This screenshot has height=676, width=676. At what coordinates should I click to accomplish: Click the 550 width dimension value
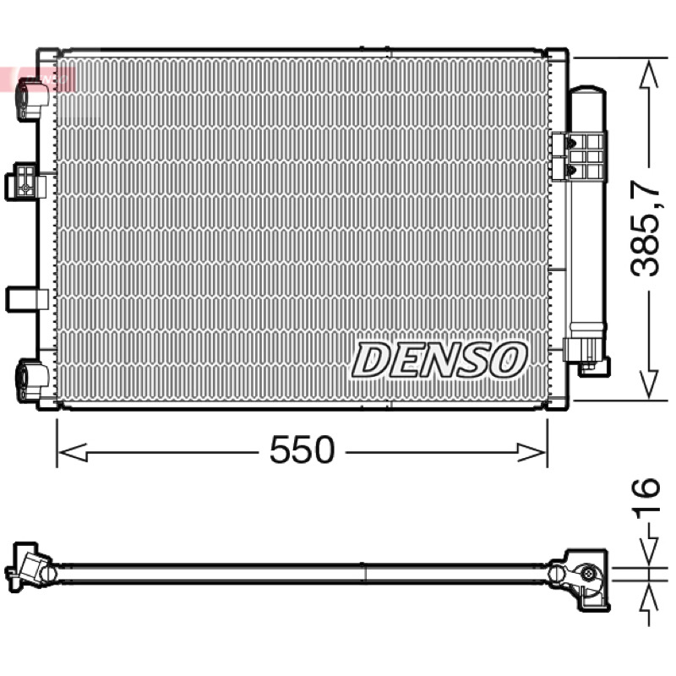tap(302, 450)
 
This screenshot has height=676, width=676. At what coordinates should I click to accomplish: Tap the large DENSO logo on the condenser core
tap(439, 361)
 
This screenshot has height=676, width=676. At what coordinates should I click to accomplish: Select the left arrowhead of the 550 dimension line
tap(73, 453)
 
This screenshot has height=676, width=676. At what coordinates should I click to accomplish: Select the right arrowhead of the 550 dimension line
tap(532, 453)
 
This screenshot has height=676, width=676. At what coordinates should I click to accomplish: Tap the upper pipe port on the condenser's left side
tap(33, 99)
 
